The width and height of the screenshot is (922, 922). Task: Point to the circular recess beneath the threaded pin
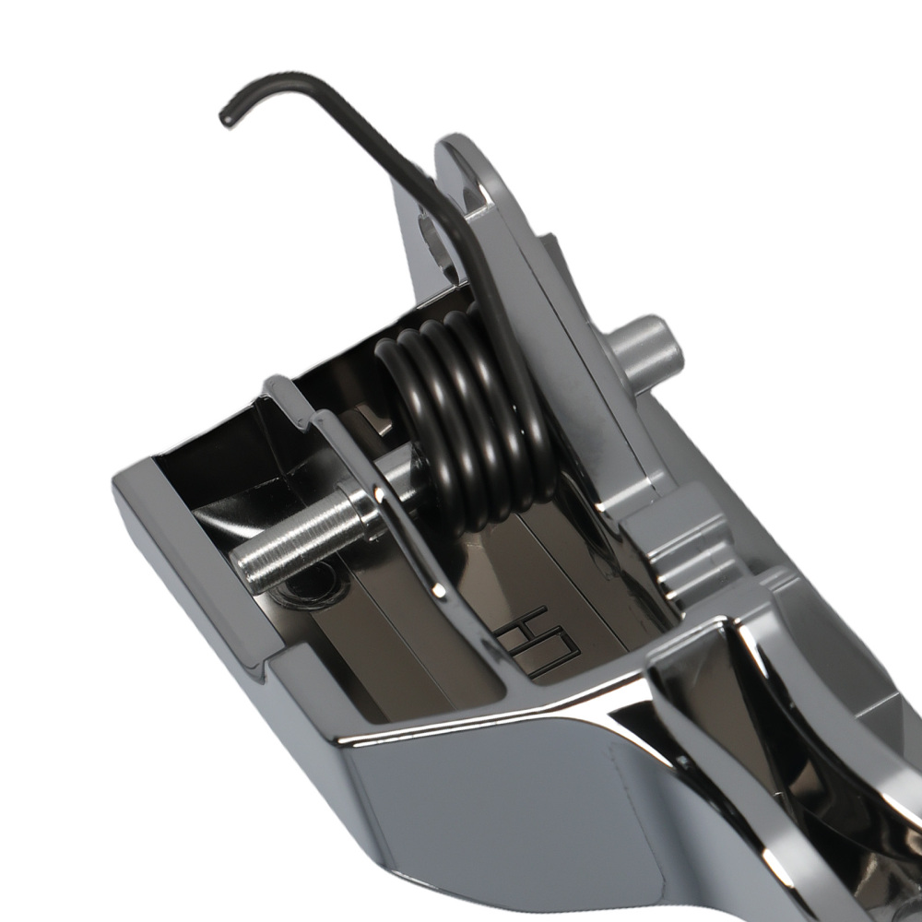309,585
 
